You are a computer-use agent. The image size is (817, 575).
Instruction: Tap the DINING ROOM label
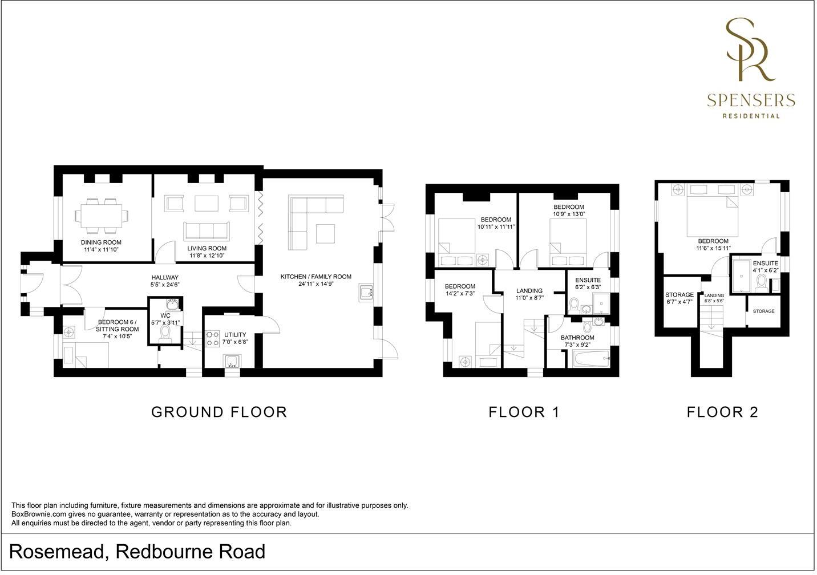click(101, 242)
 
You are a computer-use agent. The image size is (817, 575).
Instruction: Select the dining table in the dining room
click(102, 216)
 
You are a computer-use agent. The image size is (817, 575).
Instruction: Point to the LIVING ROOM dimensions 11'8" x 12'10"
click(207, 256)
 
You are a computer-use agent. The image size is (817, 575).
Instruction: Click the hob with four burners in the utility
click(213, 338)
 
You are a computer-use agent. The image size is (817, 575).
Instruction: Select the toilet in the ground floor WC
click(165, 334)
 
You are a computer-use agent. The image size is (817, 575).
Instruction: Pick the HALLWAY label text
click(165, 277)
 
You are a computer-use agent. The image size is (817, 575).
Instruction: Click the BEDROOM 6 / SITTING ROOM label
click(117, 326)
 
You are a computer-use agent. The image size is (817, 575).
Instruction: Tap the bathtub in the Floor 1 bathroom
click(592, 359)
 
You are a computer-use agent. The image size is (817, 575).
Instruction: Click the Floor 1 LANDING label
click(529, 291)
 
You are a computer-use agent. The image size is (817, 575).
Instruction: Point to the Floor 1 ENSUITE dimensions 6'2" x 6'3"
click(588, 287)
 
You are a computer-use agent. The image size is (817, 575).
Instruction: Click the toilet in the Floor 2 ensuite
click(761, 284)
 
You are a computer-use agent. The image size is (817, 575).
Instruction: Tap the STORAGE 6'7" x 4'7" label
click(680, 298)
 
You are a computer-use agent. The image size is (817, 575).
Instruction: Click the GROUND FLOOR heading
click(219, 412)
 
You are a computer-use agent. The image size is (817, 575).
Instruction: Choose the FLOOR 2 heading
click(722, 412)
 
